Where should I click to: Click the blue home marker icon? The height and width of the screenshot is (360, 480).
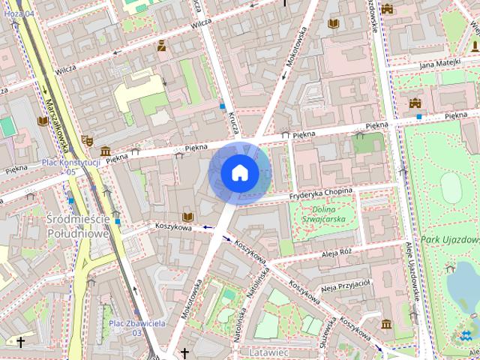coord(240,173)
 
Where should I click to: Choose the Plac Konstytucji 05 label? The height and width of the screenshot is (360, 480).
coord(71,166)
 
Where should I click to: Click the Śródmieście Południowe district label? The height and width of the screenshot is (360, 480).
coord(79,226)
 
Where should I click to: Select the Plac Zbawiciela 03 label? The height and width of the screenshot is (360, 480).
coord(136,327)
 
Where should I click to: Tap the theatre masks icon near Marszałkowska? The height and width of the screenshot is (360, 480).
coord(88,140)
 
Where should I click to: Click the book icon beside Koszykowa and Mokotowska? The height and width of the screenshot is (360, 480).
coord(187,217)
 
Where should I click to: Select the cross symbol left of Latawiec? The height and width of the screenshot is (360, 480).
coord(184,351)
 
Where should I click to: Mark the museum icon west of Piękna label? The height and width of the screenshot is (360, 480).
coord(106,151)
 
